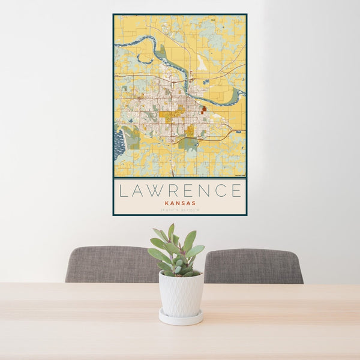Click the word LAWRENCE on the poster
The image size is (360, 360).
(180, 191)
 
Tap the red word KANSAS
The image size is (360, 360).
(180, 203)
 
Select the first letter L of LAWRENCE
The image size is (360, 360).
(123, 191)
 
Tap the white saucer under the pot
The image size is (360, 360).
(181, 317)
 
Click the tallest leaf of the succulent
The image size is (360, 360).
(171, 231)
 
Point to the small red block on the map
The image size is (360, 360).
(204, 109)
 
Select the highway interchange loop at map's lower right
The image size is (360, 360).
(223, 136)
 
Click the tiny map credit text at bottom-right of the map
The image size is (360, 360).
(239, 175)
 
